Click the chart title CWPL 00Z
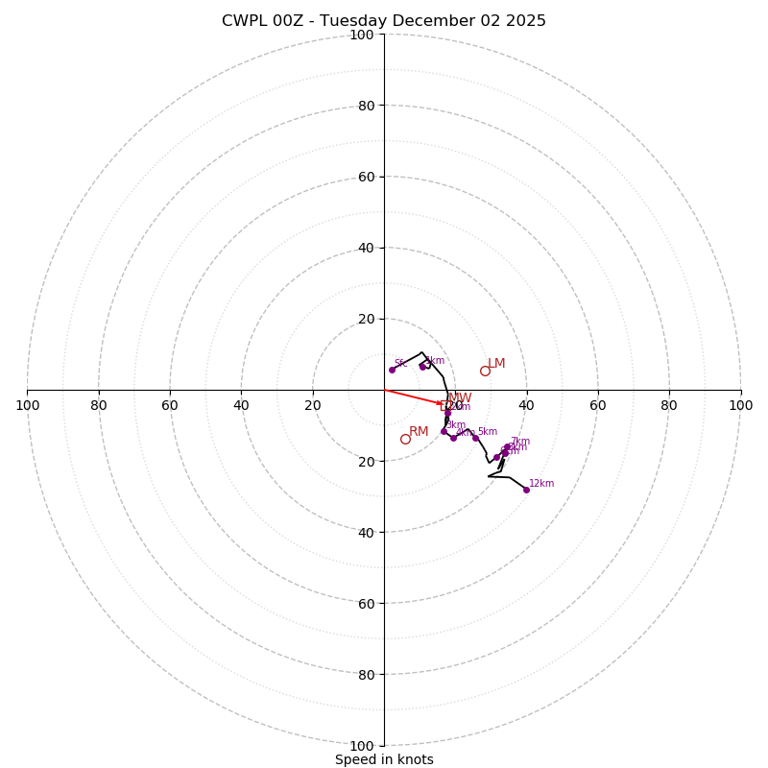click(383, 21)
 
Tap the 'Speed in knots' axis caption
click(384, 759)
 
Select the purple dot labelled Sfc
click(392, 370)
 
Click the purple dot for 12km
click(526, 490)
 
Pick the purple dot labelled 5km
click(475, 439)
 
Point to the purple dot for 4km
click(454, 438)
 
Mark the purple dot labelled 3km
click(444, 431)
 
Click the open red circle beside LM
click(485, 372)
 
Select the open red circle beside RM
click(405, 439)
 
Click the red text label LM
click(496, 364)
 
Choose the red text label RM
click(419, 432)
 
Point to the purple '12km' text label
click(541, 484)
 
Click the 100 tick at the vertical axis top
click(362, 35)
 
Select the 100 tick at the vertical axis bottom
click(362, 746)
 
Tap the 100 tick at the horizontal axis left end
click(27, 405)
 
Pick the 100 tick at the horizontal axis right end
click(741, 405)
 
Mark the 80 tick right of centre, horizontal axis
click(669, 405)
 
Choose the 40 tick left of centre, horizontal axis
click(241, 405)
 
